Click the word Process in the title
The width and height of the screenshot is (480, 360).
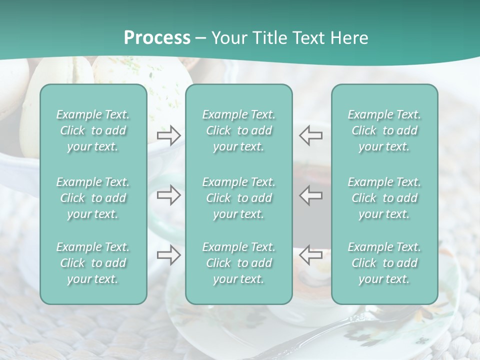[157, 38]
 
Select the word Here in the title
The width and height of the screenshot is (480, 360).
[349, 38]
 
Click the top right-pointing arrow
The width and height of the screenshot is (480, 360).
[168, 135]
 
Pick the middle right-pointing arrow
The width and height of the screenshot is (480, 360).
[168, 195]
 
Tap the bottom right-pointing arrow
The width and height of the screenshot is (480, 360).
[168, 255]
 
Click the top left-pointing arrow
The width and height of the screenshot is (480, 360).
[310, 135]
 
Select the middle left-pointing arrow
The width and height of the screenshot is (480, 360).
[310, 195]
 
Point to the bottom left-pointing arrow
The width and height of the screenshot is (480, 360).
[310, 255]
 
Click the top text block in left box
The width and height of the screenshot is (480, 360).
[93, 130]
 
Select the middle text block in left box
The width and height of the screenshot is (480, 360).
[93, 198]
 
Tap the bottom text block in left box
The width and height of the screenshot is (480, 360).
[93, 263]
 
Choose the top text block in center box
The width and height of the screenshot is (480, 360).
[238, 130]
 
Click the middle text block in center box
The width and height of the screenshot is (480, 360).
[238, 198]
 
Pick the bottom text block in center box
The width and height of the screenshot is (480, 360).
[238, 263]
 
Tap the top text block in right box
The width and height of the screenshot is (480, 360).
[384, 130]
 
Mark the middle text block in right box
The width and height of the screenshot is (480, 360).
[384, 198]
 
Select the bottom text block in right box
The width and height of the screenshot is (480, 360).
[384, 263]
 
